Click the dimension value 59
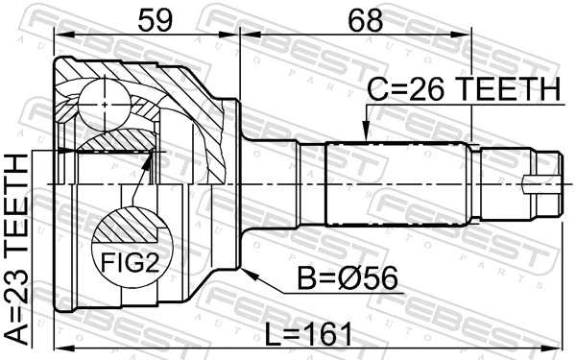point(155,20)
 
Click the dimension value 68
point(365,20)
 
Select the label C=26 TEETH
point(464,89)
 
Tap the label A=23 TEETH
point(17,250)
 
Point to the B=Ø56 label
point(348,278)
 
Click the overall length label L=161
point(308,334)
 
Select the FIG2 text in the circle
point(131,263)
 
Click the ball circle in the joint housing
point(105,105)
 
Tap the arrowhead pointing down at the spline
point(366,132)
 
